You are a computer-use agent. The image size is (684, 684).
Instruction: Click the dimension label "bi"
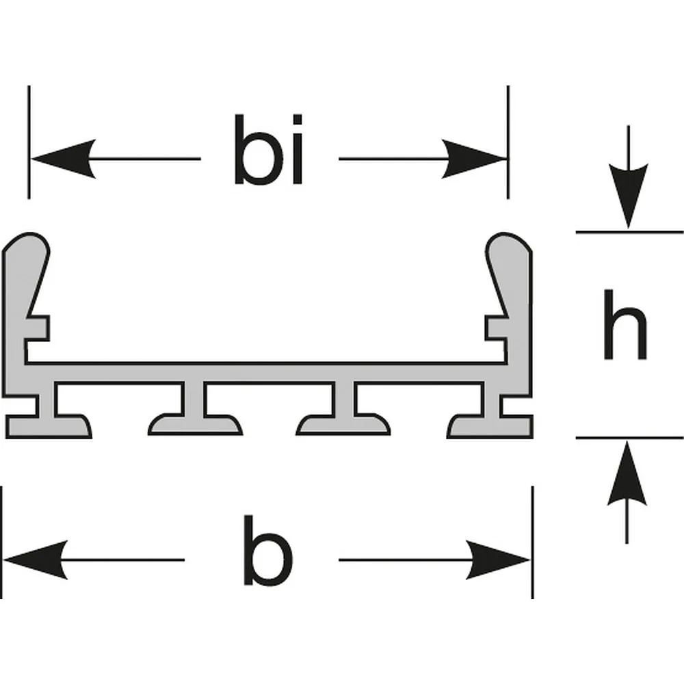point(268,149)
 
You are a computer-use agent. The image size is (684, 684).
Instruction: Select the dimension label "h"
point(624,324)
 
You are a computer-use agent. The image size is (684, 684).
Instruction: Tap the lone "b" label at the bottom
point(268,550)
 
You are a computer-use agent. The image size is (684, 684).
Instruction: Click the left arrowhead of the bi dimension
point(64,159)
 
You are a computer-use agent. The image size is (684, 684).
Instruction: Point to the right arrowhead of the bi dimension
point(474,159)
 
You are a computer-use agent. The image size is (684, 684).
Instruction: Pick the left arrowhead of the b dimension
point(36,560)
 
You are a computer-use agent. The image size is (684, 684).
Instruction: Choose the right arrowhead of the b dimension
point(498,560)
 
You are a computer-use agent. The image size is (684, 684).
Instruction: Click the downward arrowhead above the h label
point(628,196)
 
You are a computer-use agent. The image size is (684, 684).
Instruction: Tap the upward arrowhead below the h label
point(627,473)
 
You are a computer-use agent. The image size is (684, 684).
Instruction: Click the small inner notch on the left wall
point(38,328)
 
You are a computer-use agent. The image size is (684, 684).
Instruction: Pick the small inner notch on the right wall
point(497,328)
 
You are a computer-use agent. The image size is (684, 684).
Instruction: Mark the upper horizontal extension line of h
point(629,232)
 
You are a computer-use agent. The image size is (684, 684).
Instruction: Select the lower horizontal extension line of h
point(629,437)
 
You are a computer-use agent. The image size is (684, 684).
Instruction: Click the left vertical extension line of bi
point(29,142)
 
